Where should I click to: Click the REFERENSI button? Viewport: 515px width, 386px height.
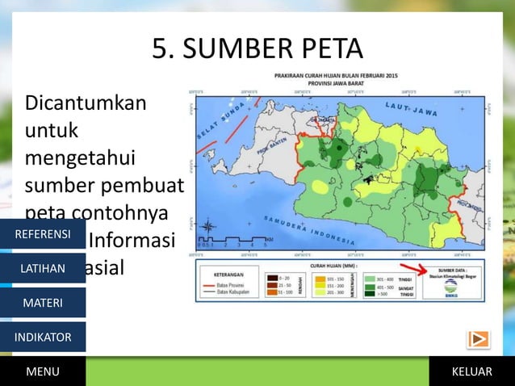(x=42, y=234)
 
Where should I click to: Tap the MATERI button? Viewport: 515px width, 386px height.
(x=42, y=303)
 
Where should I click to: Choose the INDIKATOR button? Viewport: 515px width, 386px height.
(x=42, y=337)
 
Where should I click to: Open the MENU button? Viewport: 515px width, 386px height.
(x=42, y=371)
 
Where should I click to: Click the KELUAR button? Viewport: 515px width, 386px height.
(x=472, y=371)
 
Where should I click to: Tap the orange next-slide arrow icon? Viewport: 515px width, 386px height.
(x=478, y=339)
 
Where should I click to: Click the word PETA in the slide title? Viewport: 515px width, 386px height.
(x=324, y=49)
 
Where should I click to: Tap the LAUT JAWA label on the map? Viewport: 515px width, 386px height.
(x=412, y=112)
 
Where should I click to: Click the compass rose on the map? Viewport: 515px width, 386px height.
(x=208, y=226)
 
